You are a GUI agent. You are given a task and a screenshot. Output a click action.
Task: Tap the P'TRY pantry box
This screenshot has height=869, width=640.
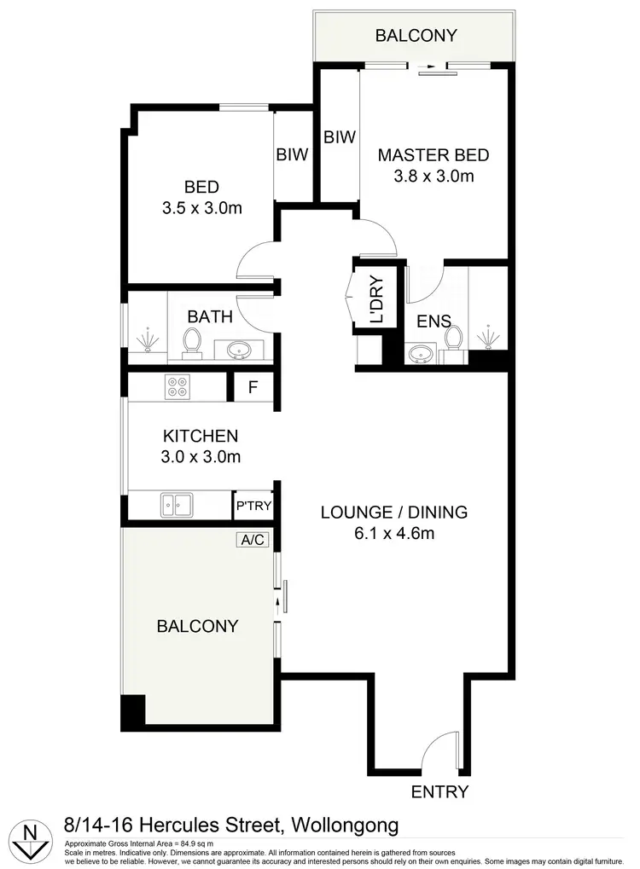pyautogui.click(x=253, y=506)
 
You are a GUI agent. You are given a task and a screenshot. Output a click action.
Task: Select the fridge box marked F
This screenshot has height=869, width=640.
pyautogui.click(x=253, y=387)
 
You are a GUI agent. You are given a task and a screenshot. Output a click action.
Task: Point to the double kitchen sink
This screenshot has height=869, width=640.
pyautogui.click(x=177, y=505)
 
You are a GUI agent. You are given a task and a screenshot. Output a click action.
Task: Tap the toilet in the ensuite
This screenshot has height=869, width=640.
pyautogui.click(x=454, y=339)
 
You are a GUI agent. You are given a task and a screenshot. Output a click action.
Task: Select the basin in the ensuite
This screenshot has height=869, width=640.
pyautogui.click(x=419, y=354)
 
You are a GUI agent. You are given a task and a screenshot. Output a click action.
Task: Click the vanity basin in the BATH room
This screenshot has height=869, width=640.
pyautogui.click(x=240, y=347)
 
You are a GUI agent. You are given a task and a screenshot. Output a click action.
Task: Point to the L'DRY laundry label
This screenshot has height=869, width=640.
pyautogui.click(x=376, y=300)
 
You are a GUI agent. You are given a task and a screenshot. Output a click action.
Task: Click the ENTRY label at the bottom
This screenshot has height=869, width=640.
pyautogui.click(x=439, y=791)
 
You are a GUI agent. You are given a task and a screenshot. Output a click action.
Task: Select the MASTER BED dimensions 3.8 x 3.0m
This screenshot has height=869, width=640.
pyautogui.click(x=433, y=177)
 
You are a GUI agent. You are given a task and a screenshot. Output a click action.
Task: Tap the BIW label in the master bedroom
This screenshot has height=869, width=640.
pyautogui.click(x=339, y=136)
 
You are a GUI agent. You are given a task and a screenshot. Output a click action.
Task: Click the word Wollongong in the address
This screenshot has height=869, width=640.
pyautogui.click(x=345, y=826)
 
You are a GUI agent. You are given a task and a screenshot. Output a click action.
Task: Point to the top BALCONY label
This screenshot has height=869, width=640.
pyautogui.click(x=416, y=36)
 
